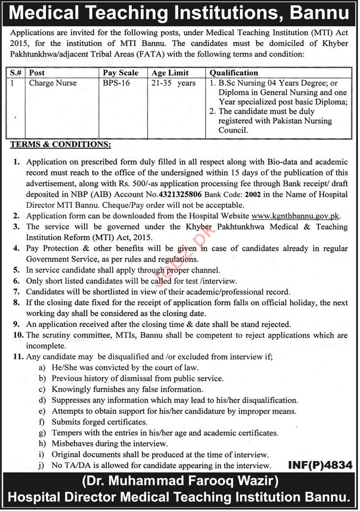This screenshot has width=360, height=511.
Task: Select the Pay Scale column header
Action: [x=120, y=73]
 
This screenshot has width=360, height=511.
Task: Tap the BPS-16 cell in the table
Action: [x=116, y=83]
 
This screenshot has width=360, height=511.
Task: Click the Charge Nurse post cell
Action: [x=52, y=83]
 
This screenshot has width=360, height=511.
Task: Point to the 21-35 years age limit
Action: [x=173, y=83]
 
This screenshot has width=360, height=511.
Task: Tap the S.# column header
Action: [x=16, y=73]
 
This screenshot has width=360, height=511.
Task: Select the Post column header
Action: [x=37, y=73]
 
